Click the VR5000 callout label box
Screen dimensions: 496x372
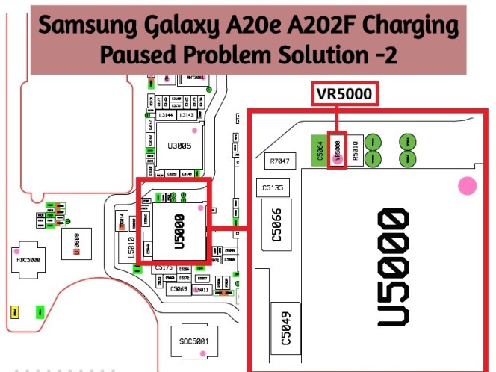tap(344, 95)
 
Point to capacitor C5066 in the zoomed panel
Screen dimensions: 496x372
tap(273, 229)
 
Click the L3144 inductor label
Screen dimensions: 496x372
tap(167, 116)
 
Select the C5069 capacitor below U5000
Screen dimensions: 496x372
tap(179, 288)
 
